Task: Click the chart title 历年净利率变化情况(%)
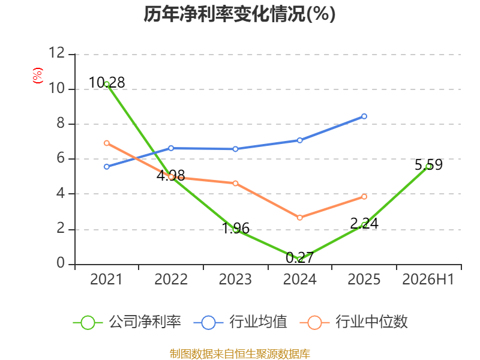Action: (x=239, y=14)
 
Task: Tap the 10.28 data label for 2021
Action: (x=107, y=83)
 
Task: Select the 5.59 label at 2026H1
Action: (x=428, y=164)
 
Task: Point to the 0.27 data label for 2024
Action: (x=299, y=257)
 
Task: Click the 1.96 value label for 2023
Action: (x=235, y=229)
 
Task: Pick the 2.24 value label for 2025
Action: (x=364, y=223)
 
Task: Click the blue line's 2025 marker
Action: (x=364, y=116)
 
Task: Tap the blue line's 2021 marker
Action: (x=107, y=167)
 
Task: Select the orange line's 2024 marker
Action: (x=299, y=218)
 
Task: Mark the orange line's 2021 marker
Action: (x=107, y=143)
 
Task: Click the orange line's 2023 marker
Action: (x=235, y=184)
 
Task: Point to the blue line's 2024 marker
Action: (x=299, y=140)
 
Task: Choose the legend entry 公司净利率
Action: (x=127, y=322)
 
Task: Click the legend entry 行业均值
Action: (x=241, y=322)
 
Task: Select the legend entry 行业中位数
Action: (x=354, y=322)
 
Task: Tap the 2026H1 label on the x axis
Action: (x=428, y=280)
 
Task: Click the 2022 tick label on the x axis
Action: (x=171, y=280)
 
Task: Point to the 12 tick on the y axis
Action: (x=57, y=53)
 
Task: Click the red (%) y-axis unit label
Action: (x=38, y=76)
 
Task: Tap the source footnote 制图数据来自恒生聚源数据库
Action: (x=240, y=354)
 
